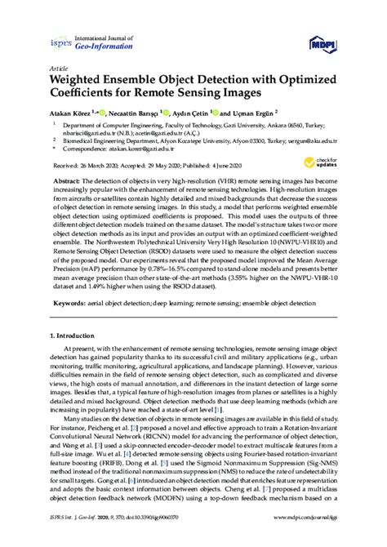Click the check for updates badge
[324, 160]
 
